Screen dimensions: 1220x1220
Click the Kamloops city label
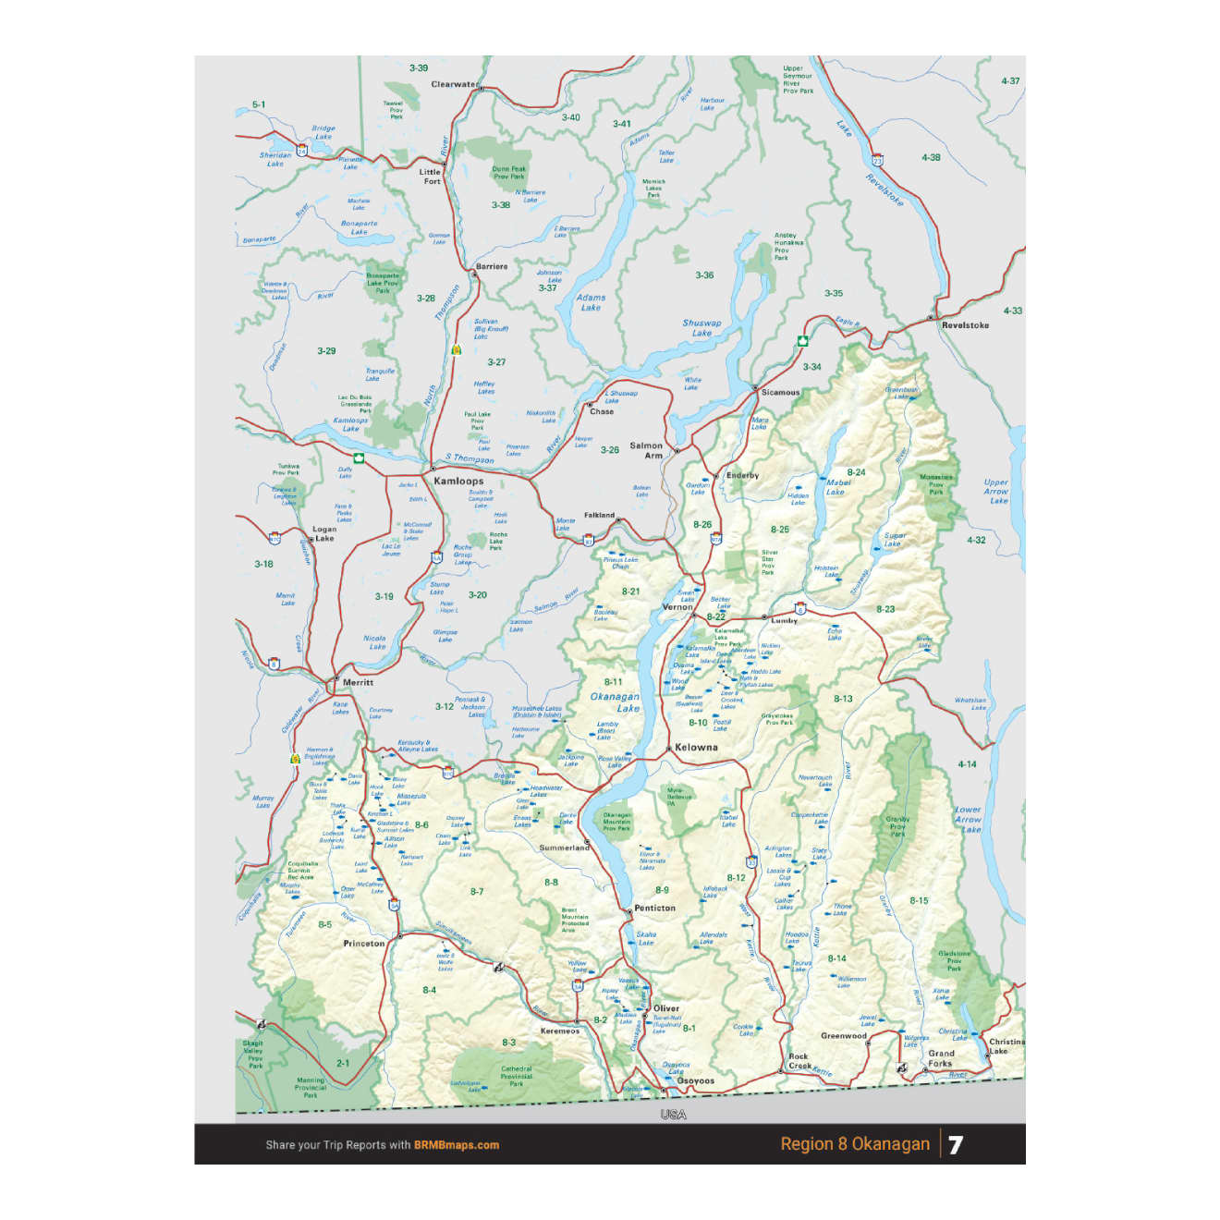point(458,481)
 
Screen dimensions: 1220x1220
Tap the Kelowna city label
point(696,747)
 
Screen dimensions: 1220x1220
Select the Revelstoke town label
point(965,325)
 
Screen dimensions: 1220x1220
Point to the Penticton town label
point(655,908)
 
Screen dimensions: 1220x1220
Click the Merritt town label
point(358,682)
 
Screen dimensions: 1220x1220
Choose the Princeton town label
point(364,944)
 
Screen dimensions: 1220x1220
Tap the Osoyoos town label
point(696,1080)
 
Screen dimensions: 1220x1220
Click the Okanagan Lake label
point(616,702)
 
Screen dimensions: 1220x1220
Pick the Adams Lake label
point(591,302)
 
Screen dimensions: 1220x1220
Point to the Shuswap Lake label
point(702,328)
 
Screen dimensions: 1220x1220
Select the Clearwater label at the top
point(454,84)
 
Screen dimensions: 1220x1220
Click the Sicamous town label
point(781,392)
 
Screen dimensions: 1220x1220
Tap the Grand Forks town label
point(941,1058)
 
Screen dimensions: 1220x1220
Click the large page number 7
point(956,1144)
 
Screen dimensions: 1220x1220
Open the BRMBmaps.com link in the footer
point(457,1145)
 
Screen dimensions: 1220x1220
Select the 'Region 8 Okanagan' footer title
point(855,1144)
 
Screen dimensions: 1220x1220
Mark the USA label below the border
point(673,1115)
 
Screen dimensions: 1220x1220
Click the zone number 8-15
point(919,900)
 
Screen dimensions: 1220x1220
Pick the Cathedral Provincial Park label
point(517,1076)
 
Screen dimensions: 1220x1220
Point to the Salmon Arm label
point(647,450)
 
